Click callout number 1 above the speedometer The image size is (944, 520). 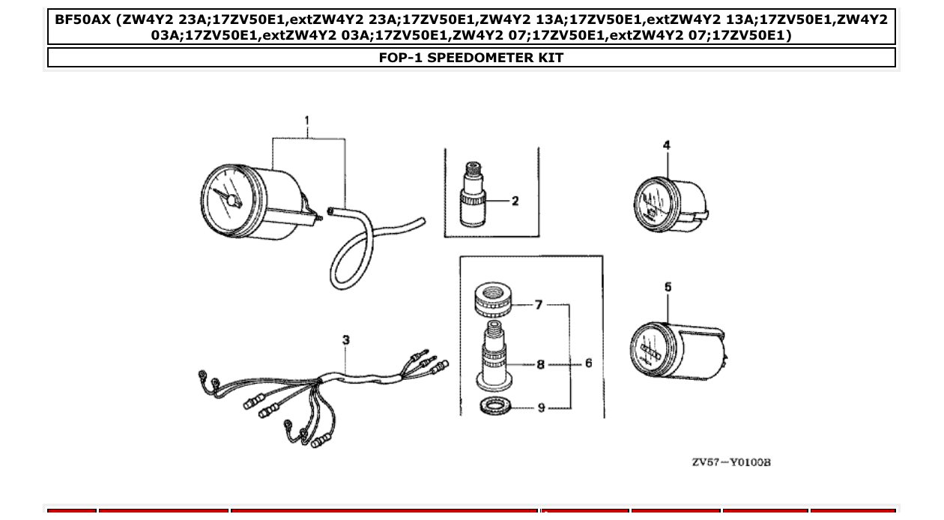point(307,121)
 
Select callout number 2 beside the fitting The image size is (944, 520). point(515,201)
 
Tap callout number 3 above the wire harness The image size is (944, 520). point(345,340)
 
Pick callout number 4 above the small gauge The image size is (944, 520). point(667,145)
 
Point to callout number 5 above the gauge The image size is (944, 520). point(668,287)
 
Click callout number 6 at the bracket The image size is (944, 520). point(588,363)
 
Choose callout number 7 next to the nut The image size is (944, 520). point(538,305)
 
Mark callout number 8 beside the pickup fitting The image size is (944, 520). point(540,364)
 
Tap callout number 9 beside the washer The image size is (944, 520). point(540,408)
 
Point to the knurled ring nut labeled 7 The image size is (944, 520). point(494,300)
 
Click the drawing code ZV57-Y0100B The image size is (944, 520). point(730,462)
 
